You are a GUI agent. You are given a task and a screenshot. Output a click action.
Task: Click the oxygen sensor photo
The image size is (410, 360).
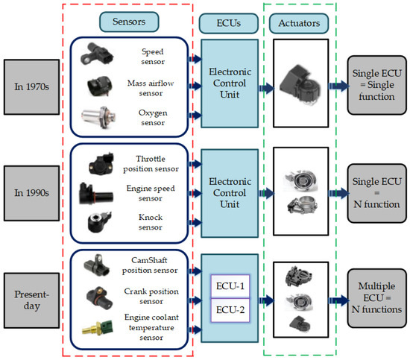(x=104, y=118)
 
